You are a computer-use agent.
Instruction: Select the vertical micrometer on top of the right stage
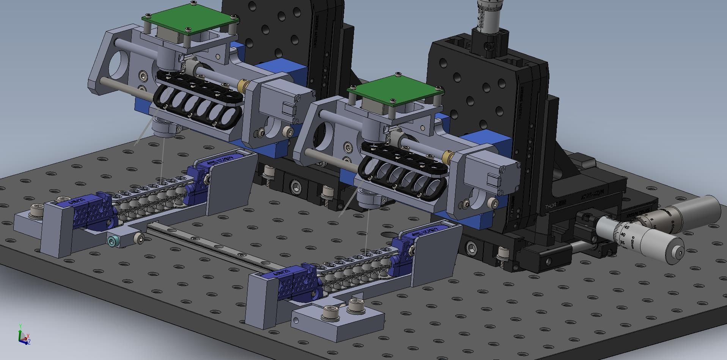tap(489, 17)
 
